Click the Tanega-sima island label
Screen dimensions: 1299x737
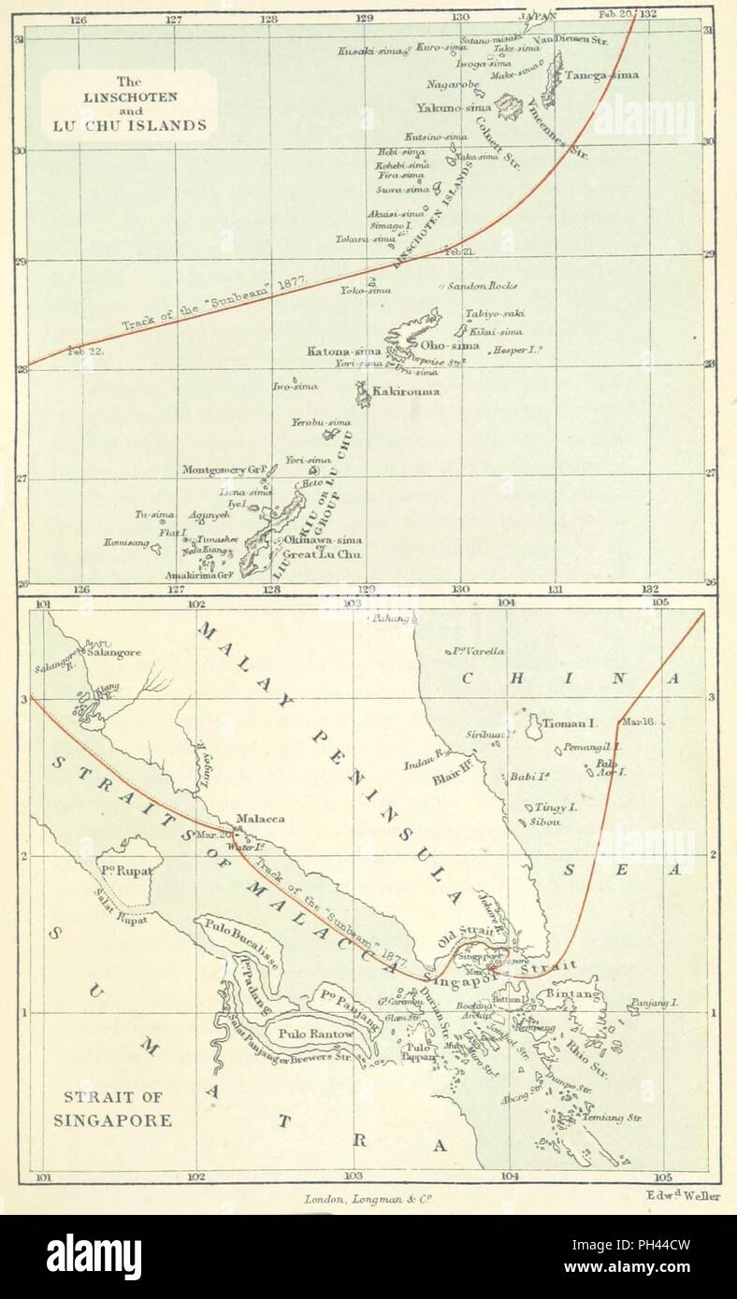pos(600,75)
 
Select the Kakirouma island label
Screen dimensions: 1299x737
pos(407,392)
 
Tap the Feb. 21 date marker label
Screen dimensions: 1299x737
pos(460,252)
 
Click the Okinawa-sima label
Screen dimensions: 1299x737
pos(323,540)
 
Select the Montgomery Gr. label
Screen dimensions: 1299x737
pos(225,469)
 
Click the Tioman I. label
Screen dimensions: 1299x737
pos(572,722)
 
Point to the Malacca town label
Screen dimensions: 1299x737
pos(260,819)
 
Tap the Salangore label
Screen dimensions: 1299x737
pos(114,652)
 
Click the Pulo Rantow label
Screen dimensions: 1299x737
pos(312,1035)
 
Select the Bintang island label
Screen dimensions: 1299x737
pos(572,994)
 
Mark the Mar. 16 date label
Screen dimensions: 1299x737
pos(637,722)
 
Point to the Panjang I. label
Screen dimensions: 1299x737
pos(653,1002)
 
